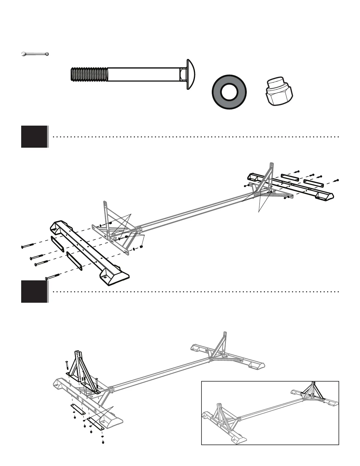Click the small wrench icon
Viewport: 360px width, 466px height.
coord(35,54)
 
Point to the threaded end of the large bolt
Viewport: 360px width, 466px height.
coord(88,74)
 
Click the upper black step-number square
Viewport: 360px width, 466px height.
coord(34,137)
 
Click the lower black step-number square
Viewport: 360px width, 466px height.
coord(34,292)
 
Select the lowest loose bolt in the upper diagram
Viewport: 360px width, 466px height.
coord(52,277)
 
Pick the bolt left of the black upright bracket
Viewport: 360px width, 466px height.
coord(67,365)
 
